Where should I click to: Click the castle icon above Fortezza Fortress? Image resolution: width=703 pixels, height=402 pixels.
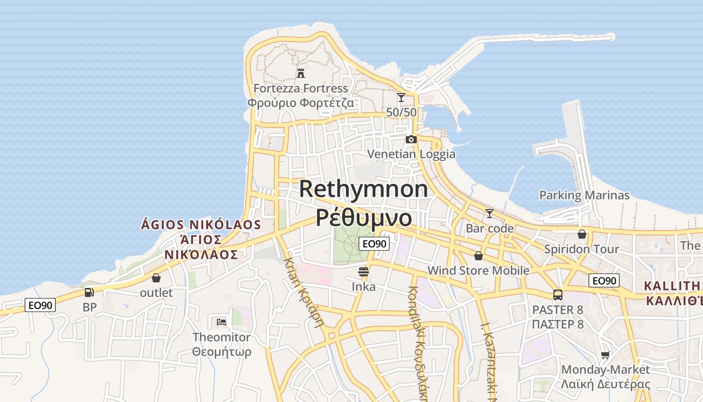tap(300, 73)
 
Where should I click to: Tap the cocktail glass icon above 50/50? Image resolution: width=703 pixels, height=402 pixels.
tap(401, 97)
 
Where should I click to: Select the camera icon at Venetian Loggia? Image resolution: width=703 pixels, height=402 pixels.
tap(411, 139)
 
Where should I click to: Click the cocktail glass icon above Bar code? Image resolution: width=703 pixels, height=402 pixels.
tap(489, 214)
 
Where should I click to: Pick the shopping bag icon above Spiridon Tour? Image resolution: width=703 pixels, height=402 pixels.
tap(581, 234)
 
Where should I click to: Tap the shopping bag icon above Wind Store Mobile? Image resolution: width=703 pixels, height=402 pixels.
tap(478, 256)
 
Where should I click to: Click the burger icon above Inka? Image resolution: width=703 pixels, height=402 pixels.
tap(364, 272)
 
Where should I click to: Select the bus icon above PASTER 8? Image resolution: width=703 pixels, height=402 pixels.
tap(557, 294)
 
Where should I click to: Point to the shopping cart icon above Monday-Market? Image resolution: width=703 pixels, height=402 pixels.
tap(606, 355)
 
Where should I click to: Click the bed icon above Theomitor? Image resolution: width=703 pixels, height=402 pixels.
tap(221, 322)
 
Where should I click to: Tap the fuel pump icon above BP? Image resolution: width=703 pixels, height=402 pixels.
tap(89, 292)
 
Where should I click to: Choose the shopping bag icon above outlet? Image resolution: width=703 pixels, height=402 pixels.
tap(156, 278)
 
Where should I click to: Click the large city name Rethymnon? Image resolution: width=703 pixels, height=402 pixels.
tap(364, 189)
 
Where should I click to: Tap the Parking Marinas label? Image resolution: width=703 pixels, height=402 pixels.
tap(584, 195)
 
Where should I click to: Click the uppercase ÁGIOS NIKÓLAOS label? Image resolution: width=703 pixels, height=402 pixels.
tap(201, 225)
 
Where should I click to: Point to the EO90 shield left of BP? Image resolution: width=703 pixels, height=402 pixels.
tap(40, 305)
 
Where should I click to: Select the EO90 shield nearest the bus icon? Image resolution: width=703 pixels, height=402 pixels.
tap(604, 281)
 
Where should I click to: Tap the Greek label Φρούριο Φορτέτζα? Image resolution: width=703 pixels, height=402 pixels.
tap(300, 103)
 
